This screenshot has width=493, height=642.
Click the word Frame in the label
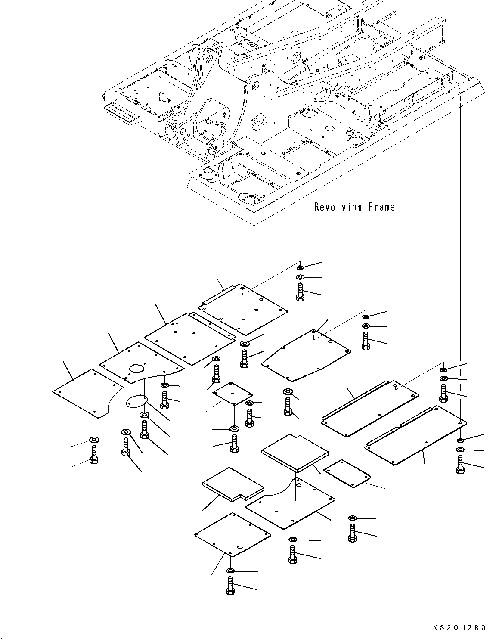(381, 207)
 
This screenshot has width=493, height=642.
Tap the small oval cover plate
(136, 402)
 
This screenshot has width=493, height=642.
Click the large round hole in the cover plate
(136, 369)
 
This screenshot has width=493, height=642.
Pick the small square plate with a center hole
(233, 394)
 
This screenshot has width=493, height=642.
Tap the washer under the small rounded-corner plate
(352, 518)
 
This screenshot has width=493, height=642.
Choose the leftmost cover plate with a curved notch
(88, 393)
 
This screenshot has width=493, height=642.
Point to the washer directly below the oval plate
(144, 415)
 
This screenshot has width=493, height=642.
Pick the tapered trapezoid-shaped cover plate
(306, 355)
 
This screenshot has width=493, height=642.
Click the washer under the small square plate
(235, 428)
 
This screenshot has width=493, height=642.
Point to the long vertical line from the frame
(461, 266)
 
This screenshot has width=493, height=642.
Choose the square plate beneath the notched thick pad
(233, 535)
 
